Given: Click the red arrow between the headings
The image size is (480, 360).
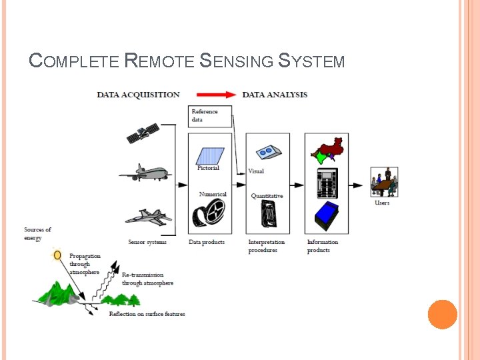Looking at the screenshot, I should click(211, 95).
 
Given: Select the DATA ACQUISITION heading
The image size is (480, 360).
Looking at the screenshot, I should click(138, 95).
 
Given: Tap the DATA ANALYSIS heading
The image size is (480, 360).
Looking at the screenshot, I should click(275, 95).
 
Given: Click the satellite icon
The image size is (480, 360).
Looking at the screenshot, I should click(143, 133).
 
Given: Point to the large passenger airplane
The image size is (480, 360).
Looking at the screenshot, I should click(145, 173).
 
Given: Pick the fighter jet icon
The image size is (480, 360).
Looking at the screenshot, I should click(148, 217).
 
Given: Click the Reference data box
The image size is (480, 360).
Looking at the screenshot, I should click(210, 116).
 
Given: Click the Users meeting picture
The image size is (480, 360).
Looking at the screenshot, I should click(384, 181).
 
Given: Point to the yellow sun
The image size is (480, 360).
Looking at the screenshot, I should click(58, 255).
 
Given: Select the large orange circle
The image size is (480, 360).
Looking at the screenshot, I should click(442, 314).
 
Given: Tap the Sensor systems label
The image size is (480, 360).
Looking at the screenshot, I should click(147, 242).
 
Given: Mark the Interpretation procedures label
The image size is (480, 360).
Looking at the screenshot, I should click(266, 246).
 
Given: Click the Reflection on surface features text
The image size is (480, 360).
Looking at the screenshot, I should click(147, 314).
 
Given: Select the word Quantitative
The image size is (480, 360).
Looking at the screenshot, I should click(267, 196).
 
